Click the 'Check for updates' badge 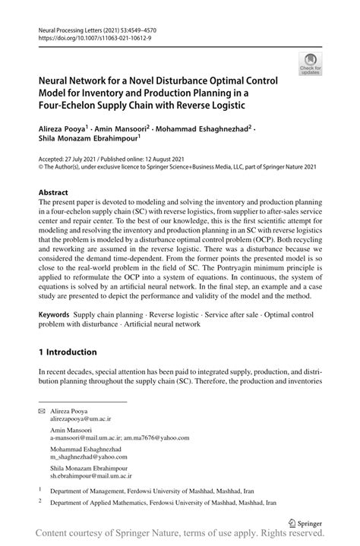[311, 65]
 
